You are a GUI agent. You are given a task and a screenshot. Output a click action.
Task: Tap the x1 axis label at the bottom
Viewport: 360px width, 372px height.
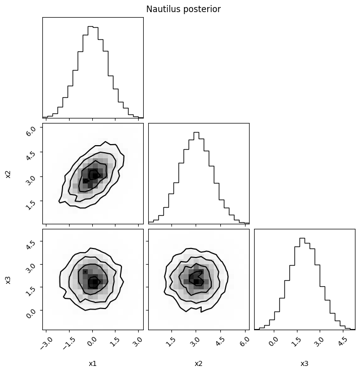click(93, 363)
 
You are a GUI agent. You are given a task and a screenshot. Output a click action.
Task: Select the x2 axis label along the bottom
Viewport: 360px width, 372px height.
click(198, 363)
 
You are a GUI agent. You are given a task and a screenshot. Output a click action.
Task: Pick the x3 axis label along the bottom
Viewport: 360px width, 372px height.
click(305, 363)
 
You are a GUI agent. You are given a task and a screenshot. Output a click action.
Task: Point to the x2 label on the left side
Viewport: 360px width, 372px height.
click(8, 174)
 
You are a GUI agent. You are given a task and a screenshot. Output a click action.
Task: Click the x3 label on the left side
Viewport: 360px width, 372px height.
click(8, 280)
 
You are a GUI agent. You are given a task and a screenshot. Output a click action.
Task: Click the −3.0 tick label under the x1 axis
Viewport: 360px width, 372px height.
click(46, 343)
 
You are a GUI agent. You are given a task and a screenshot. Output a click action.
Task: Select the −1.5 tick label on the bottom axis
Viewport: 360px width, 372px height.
click(69, 343)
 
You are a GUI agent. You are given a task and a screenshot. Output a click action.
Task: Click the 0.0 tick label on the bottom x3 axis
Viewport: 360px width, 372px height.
click(274, 342)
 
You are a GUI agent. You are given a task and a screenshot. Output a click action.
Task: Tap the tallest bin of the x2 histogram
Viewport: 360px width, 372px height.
click(196, 178)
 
